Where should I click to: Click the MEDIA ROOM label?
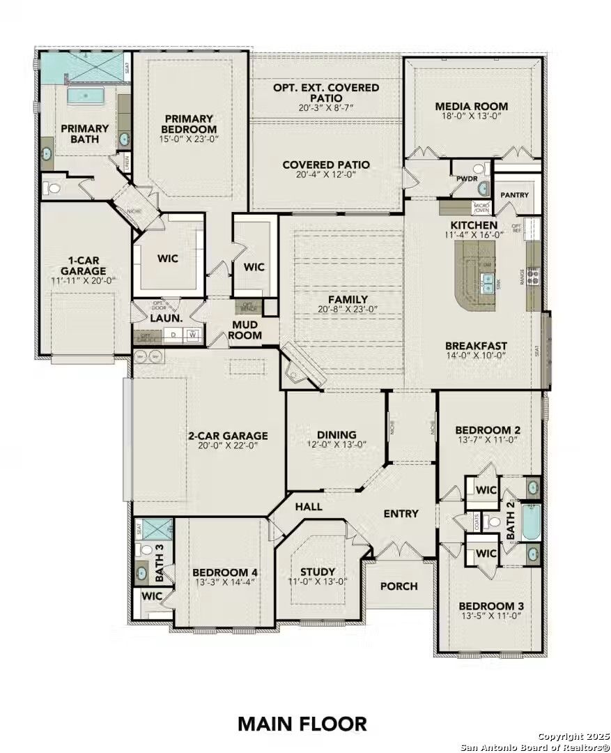(x=471, y=107)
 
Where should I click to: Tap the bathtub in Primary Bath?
(x=86, y=94)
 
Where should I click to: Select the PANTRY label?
(x=514, y=195)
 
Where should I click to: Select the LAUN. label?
(x=167, y=318)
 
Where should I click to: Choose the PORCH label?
(x=399, y=586)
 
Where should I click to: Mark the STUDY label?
(x=318, y=571)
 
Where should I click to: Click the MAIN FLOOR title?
(x=302, y=723)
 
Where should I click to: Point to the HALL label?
(x=309, y=506)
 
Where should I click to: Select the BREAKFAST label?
(x=476, y=345)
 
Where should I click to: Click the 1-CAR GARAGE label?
(x=83, y=266)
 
